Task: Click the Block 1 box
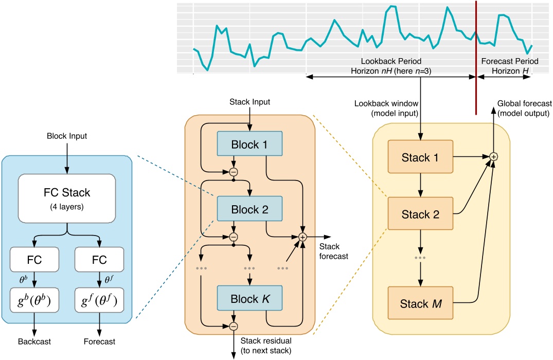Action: coord(250,145)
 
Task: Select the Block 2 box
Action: coord(250,209)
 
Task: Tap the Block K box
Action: coord(250,298)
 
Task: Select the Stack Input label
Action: coord(250,102)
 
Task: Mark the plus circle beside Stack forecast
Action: coord(302,237)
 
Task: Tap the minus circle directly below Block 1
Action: coord(234,172)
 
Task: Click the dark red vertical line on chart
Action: coord(476,57)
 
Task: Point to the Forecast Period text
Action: coord(506,61)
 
